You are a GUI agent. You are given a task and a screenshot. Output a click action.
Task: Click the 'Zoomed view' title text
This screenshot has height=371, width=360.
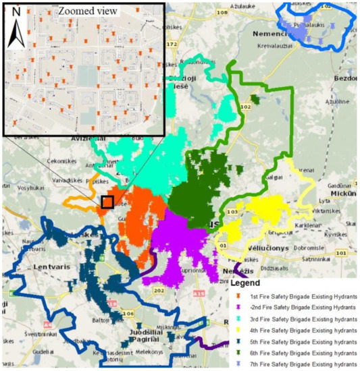tap(88, 11)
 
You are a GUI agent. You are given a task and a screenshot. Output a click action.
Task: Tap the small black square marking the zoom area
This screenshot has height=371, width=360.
tap(107, 201)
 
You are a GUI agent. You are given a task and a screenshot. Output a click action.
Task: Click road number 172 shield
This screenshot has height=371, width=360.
tap(171, 45)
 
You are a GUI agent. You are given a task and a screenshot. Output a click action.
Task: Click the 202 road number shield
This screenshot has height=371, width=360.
tap(159, 291)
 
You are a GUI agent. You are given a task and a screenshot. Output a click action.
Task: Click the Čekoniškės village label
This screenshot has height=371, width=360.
tap(61, 162)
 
